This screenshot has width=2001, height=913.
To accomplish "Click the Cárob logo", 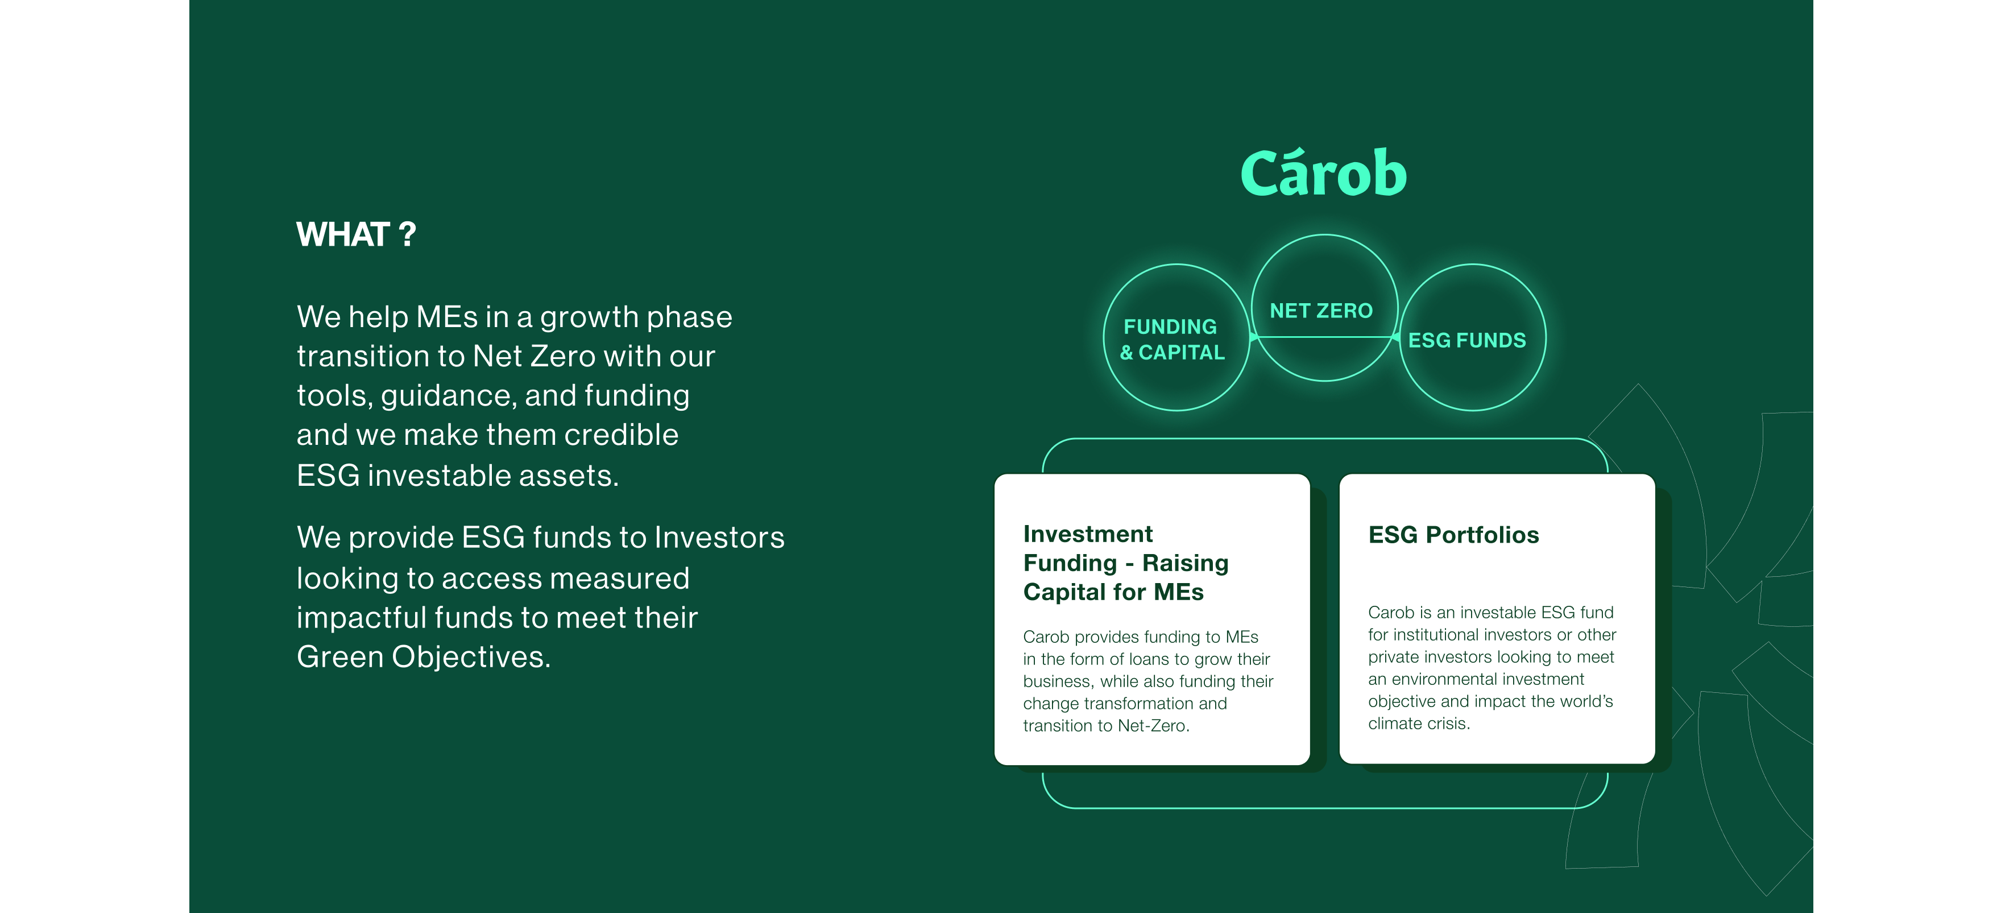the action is [x=1324, y=172].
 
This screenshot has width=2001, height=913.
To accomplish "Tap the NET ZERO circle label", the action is [x=1321, y=311].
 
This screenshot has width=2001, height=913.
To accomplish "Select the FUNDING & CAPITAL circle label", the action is [x=1172, y=340].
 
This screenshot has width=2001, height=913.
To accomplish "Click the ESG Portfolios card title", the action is [x=1453, y=535].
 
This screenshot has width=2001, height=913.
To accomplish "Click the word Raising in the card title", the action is [x=1186, y=563].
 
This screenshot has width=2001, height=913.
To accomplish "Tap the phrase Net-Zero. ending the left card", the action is [x=1154, y=726].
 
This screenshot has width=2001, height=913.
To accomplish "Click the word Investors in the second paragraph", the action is [x=719, y=538].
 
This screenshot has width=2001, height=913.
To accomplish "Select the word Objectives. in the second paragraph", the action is [x=471, y=658].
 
